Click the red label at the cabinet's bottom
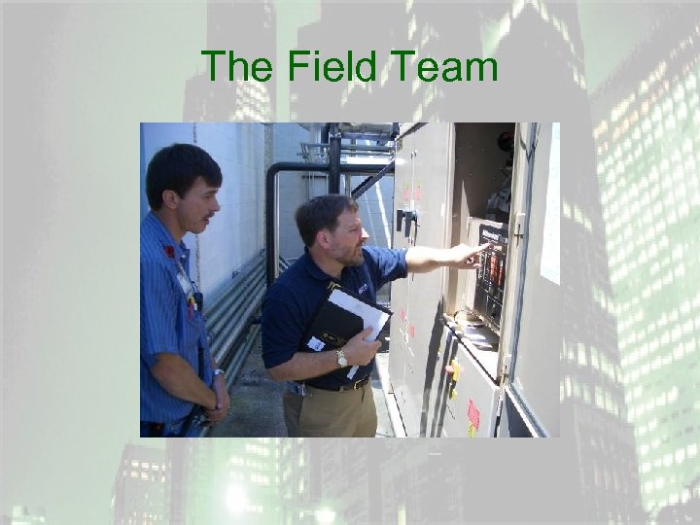click(x=473, y=415)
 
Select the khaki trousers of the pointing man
click(x=331, y=413)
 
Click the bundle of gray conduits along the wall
click(x=233, y=311)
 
